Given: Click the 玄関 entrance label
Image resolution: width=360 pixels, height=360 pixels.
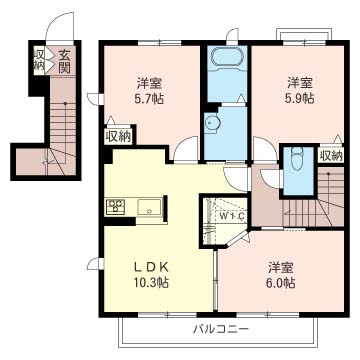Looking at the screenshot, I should [63, 62].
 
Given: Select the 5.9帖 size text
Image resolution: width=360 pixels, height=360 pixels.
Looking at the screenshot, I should [297, 99].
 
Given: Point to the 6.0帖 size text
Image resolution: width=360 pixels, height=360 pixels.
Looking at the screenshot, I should [280, 284].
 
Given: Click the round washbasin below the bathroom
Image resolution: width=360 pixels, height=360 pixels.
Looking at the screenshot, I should [212, 122].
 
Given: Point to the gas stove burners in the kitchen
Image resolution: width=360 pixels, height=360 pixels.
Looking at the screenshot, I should [114, 208].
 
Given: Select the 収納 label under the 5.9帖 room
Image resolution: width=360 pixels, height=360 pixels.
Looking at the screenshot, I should [330, 155].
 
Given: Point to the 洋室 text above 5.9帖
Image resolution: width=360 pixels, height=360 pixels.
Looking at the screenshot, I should [297, 81].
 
